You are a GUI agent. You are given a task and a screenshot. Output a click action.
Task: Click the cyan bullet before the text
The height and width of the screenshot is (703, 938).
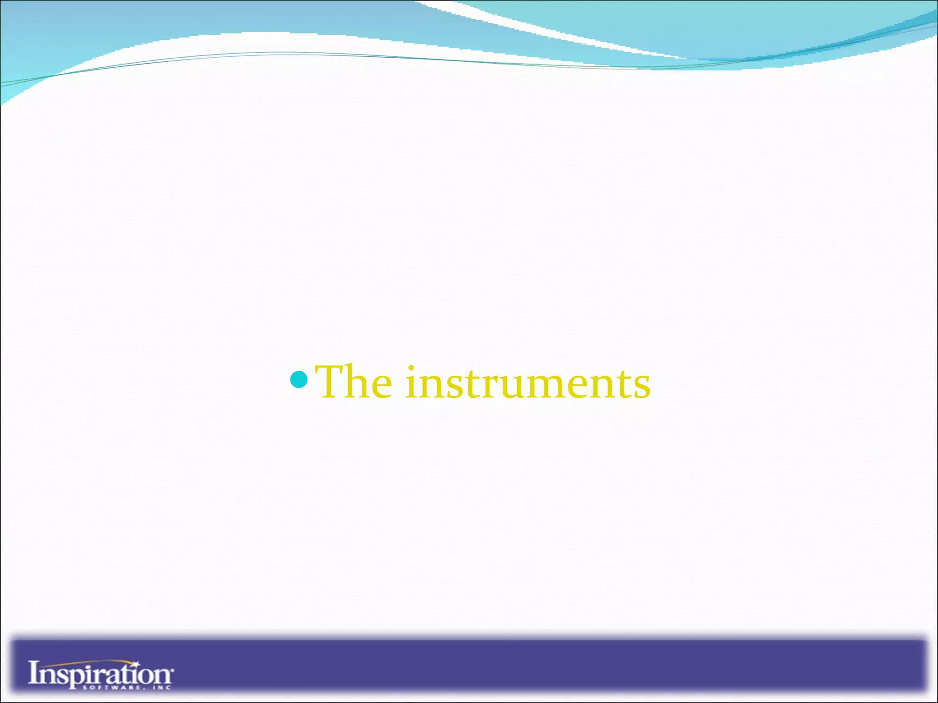[x=299, y=379]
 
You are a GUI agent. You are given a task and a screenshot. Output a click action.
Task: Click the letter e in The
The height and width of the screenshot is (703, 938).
[x=380, y=387]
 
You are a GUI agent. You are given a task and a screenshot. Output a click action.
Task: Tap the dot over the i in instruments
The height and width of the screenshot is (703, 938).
[x=411, y=368]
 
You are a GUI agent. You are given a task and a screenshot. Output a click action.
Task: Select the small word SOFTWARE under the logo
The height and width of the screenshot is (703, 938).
[x=110, y=687]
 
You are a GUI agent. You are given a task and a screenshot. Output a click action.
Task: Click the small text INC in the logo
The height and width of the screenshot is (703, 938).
[x=162, y=687]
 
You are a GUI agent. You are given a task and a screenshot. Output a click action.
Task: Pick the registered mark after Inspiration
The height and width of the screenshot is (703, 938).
[x=173, y=670]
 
